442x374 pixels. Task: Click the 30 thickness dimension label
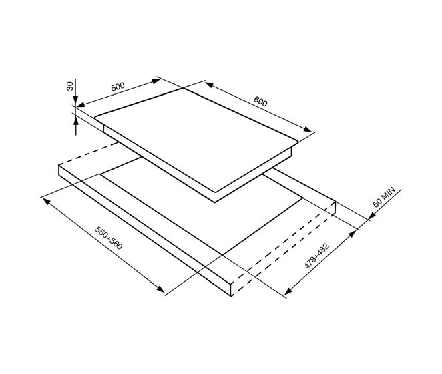pos(70,85)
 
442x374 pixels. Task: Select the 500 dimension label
pos(118,87)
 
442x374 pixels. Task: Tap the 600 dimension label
pos(260,102)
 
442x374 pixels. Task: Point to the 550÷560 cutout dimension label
pos(109,238)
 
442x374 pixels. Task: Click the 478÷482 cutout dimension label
pos(317,256)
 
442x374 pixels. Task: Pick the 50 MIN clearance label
pos(384,197)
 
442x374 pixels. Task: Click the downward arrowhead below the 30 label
pos(75,100)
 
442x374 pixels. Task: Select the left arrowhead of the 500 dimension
pos(81,105)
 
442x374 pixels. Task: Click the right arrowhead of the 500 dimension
pos(156,81)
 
